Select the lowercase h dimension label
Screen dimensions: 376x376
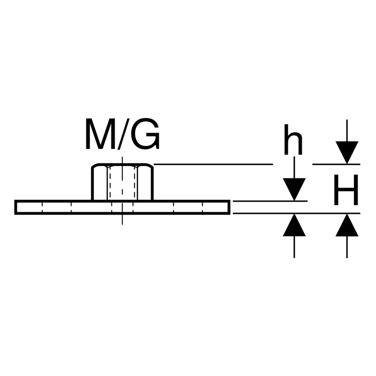293,140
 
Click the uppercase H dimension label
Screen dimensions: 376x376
346,190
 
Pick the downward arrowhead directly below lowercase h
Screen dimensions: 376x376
294,189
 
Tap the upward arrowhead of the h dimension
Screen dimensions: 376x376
294,225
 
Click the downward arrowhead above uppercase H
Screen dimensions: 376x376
347,152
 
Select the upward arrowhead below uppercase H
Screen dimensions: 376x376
347,225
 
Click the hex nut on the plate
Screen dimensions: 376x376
122,182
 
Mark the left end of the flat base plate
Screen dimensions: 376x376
16,207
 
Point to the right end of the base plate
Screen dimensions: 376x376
228,207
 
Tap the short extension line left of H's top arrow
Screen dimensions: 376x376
324,164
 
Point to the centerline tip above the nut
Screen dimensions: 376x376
122,158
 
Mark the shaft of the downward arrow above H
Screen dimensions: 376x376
347,130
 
